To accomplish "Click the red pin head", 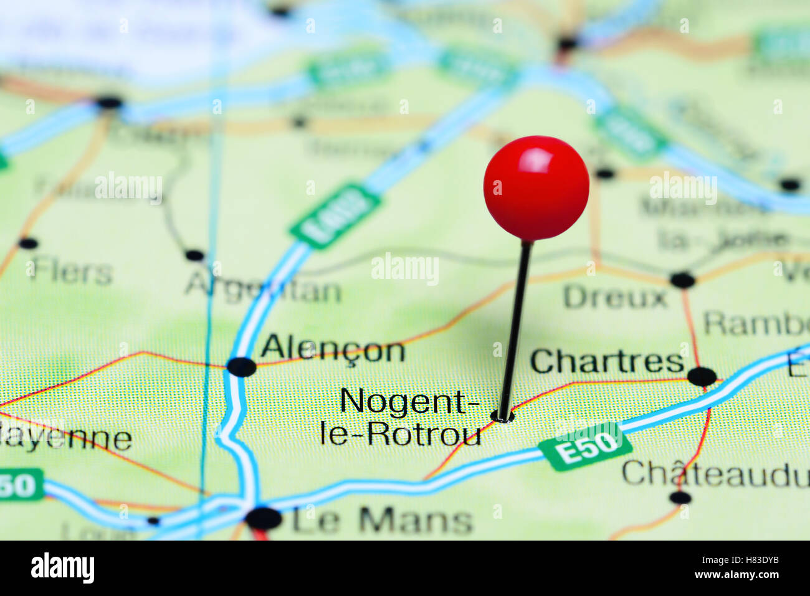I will click(x=536, y=187).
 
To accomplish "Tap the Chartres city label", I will click(x=607, y=361).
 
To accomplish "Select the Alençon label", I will click(x=333, y=350).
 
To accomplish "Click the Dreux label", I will click(x=614, y=297).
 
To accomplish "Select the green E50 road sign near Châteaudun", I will click(x=586, y=447).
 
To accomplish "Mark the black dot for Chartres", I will click(x=702, y=376).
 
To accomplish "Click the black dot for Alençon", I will click(x=241, y=367).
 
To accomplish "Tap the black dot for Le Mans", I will click(x=264, y=518).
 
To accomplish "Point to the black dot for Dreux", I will click(x=682, y=280).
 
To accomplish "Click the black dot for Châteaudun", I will click(x=680, y=497).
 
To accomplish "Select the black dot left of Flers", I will click(x=27, y=243).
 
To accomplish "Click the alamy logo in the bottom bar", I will click(x=62, y=568).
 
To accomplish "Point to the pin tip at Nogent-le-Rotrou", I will click(x=500, y=416).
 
